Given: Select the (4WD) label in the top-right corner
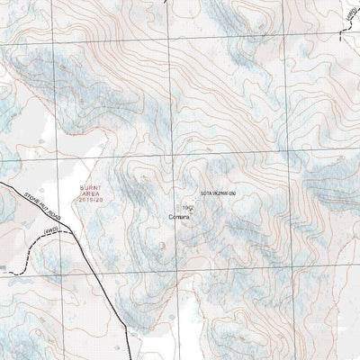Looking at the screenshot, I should point(349,16).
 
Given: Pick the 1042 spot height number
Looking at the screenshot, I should point(187,206).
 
